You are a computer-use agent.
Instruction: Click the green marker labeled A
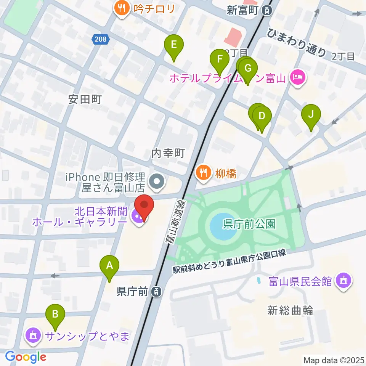[109, 265]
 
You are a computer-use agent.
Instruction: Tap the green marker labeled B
[55, 315]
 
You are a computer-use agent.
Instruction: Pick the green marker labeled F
[220, 59]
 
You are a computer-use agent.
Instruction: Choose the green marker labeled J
[311, 114]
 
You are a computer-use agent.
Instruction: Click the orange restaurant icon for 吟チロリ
[122, 8]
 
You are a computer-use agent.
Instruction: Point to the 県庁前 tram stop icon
[156, 292]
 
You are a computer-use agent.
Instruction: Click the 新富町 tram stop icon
[268, 10]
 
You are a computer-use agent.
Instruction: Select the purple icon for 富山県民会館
[344, 282]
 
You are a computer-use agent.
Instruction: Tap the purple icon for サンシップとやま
[33, 335]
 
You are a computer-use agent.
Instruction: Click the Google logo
[26, 356]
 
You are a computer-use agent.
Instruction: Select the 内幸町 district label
[168, 154]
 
